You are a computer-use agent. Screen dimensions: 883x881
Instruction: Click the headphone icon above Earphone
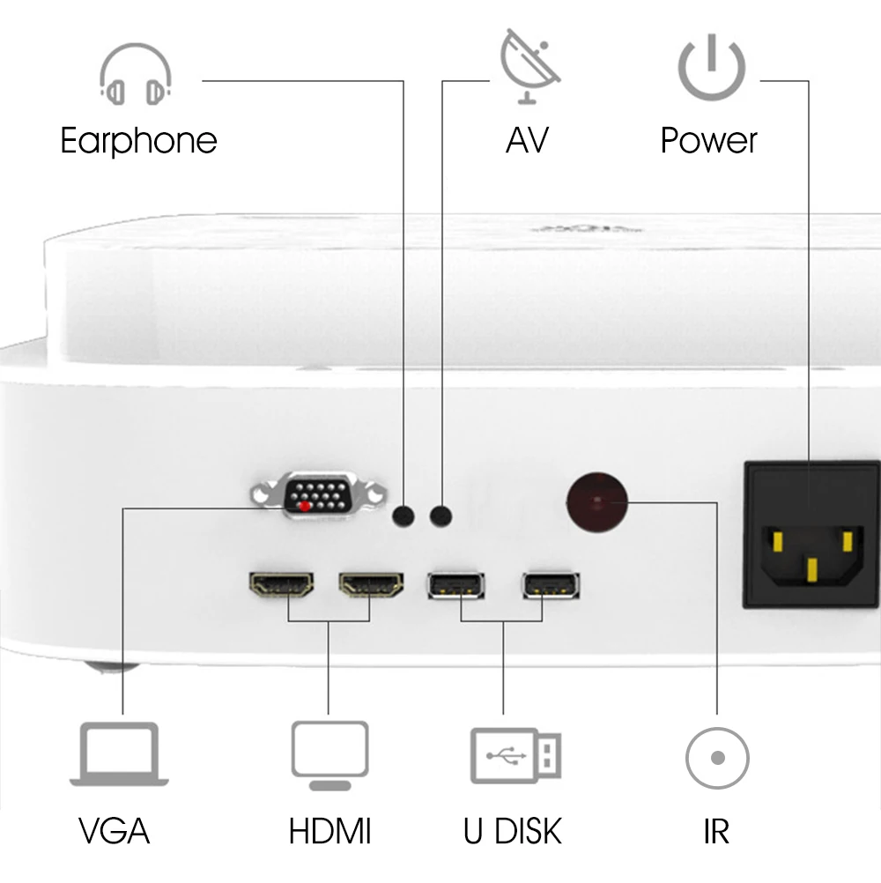pyautogui.click(x=135, y=76)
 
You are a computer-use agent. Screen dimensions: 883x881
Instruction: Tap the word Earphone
pyautogui.click(x=138, y=141)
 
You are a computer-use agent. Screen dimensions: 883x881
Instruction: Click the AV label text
pyautogui.click(x=527, y=141)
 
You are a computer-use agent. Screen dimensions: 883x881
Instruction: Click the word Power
pyautogui.click(x=709, y=141)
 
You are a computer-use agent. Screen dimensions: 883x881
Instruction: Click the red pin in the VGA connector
pyautogui.click(x=305, y=506)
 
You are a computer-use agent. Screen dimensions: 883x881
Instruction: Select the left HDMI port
pyautogui.click(x=282, y=584)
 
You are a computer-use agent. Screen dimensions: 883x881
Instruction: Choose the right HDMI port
pyautogui.click(x=371, y=584)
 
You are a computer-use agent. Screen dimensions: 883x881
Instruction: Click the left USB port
pyautogui.click(x=455, y=585)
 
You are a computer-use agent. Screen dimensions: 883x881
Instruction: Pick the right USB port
pyautogui.click(x=552, y=585)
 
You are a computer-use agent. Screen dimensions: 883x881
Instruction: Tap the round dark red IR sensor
pyautogui.click(x=596, y=502)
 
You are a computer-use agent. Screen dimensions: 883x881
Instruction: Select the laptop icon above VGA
pyautogui.click(x=120, y=754)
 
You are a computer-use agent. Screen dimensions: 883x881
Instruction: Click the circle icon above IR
pyautogui.click(x=717, y=758)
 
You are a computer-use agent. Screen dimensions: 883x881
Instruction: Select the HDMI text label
pyautogui.click(x=329, y=831)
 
